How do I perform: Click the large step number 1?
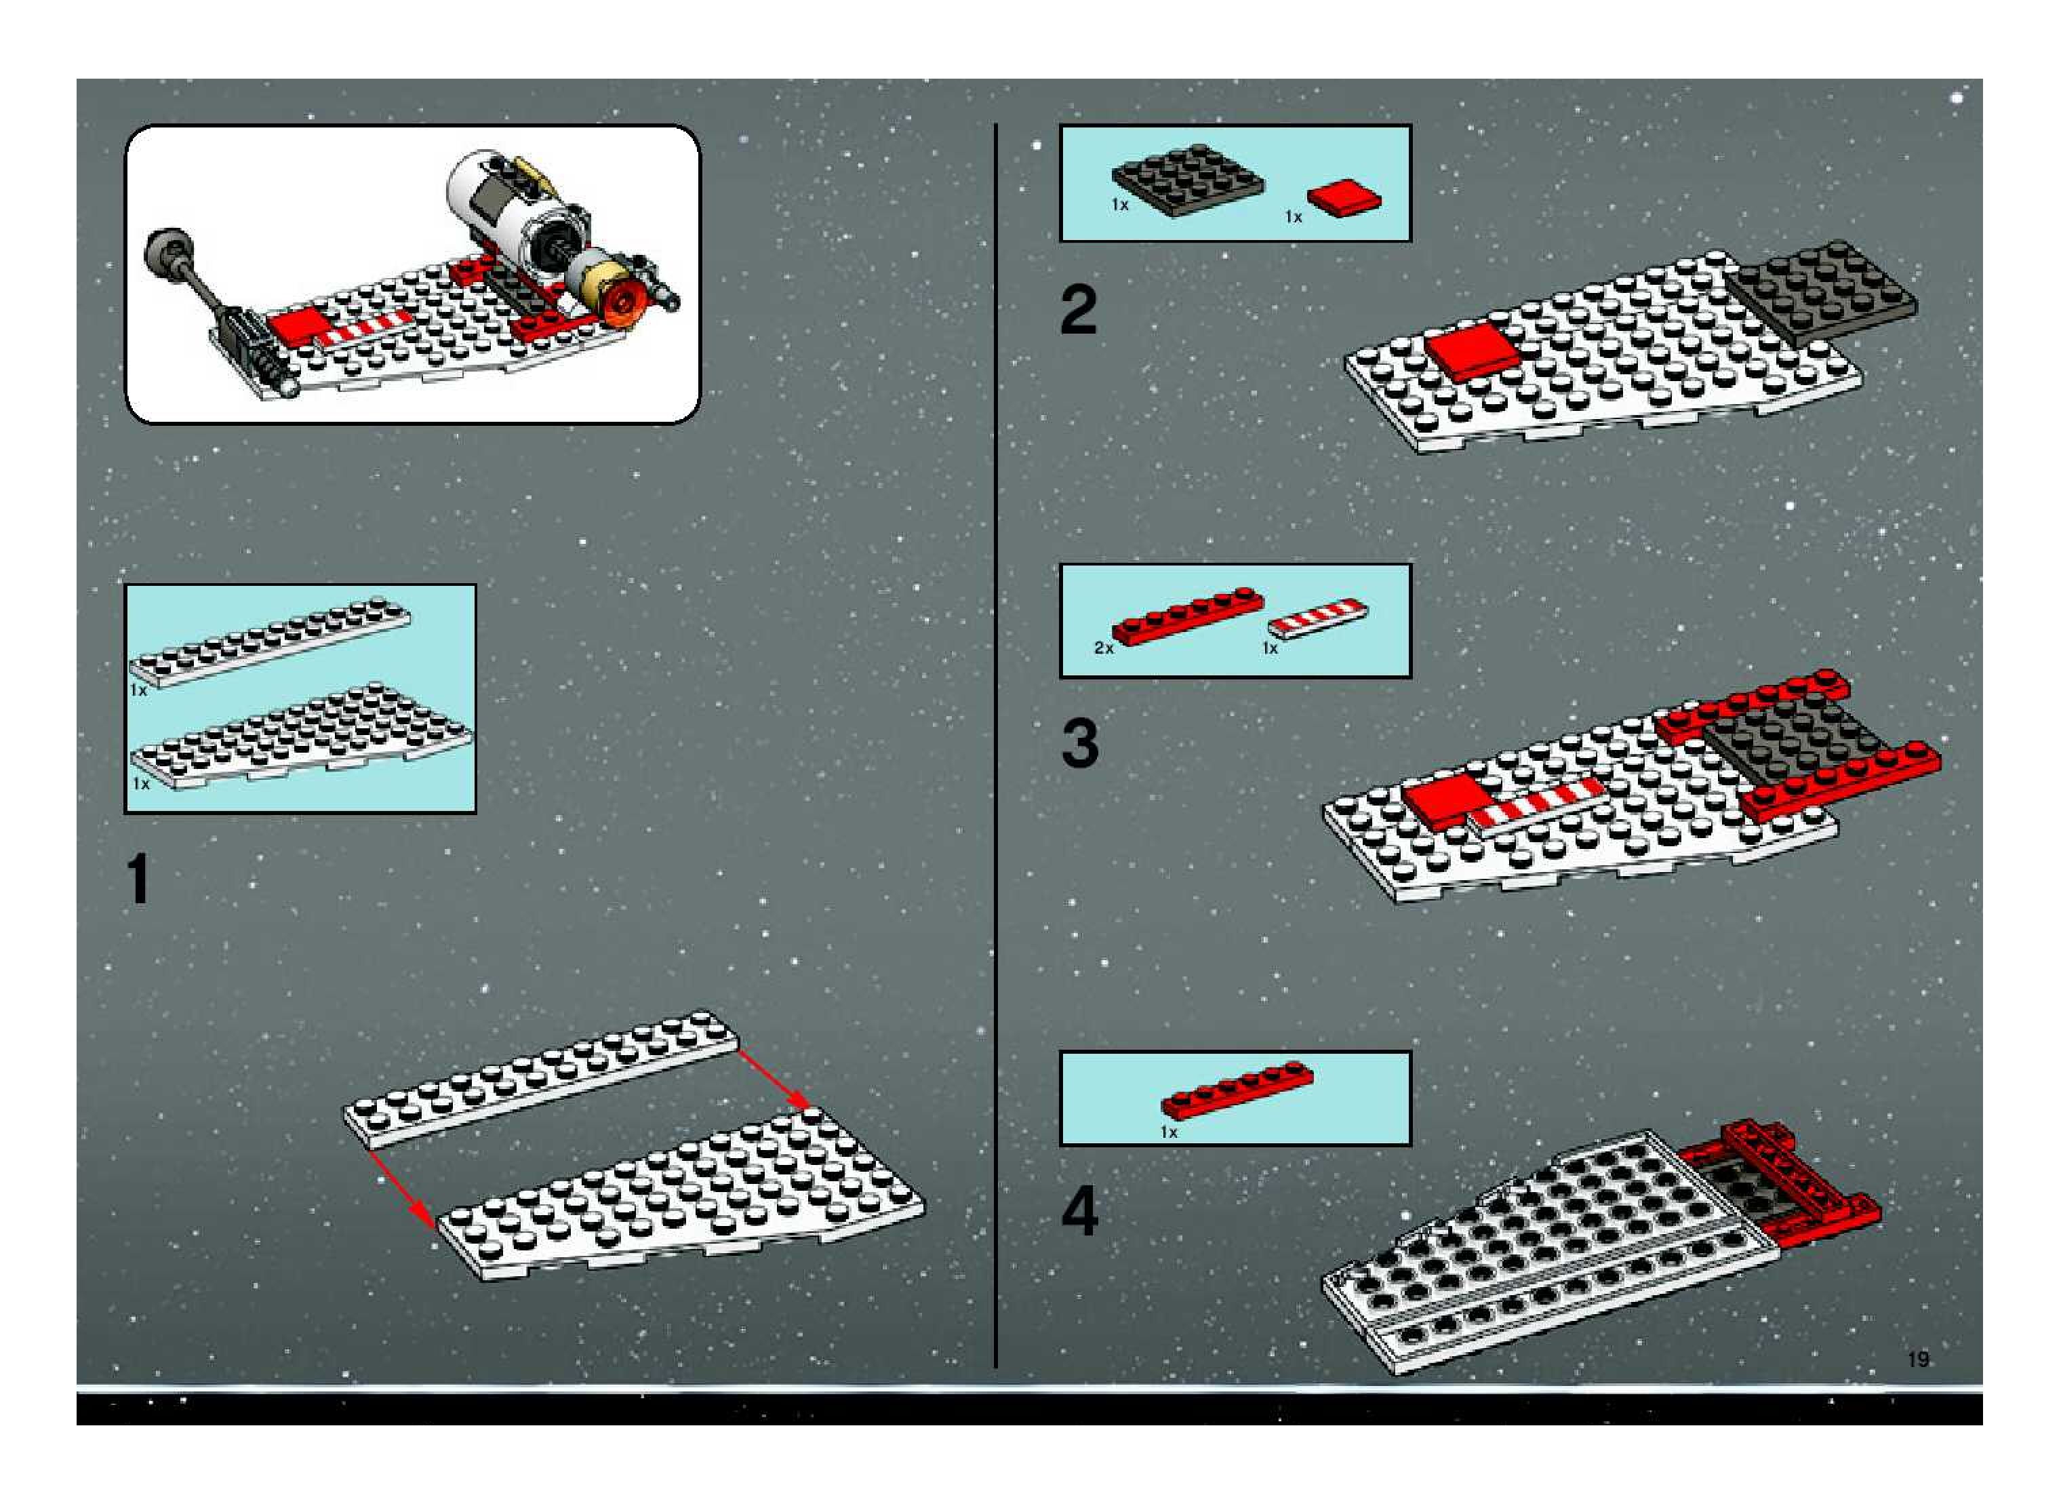tap(138, 879)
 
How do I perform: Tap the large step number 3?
tap(1080, 743)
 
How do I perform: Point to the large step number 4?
tap(1080, 1212)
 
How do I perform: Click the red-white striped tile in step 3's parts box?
tap(1317, 616)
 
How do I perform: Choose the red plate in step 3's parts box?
tap(1188, 616)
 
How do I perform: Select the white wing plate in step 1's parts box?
tap(300, 738)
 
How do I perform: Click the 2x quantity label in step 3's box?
tap(1103, 648)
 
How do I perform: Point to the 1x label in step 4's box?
tap(1169, 1132)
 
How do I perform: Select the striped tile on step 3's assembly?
tap(1534, 802)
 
